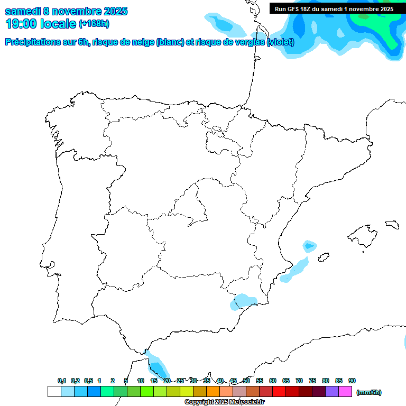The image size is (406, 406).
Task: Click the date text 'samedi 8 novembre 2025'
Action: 66,11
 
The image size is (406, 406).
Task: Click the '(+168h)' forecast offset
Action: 94,24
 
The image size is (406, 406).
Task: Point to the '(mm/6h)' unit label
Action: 369,392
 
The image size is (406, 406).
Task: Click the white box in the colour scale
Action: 54,392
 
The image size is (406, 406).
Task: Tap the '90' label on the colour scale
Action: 352,381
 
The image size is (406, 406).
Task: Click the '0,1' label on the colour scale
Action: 62,381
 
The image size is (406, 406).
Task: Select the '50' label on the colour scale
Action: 246,381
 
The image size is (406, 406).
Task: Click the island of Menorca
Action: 392,224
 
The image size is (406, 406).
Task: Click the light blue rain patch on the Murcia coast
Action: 243,301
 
